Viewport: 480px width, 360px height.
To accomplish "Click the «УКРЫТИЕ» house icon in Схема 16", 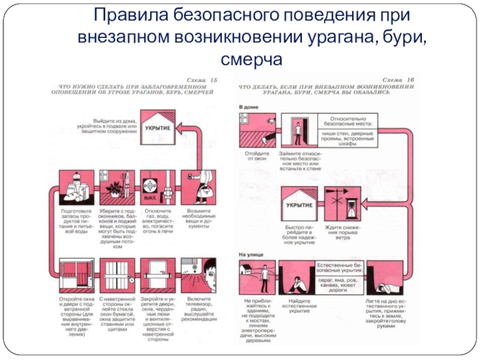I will pos(300,205).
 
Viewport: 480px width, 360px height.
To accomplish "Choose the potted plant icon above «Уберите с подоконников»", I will pos(116,187).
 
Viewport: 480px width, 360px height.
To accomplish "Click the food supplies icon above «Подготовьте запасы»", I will pos(76,188).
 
